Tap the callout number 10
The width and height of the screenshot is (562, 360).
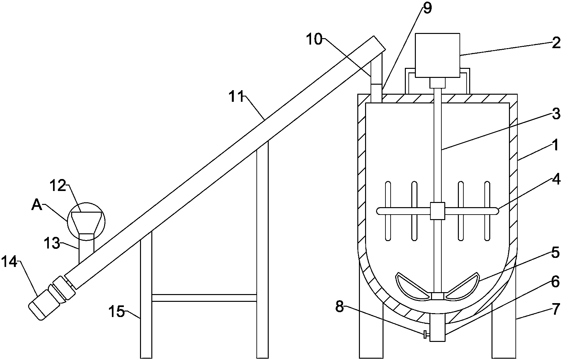click(314, 39)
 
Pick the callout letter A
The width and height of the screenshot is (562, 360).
click(37, 205)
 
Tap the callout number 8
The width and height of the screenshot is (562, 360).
click(339, 306)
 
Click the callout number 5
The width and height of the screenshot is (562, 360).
click(555, 253)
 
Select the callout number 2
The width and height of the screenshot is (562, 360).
click(556, 43)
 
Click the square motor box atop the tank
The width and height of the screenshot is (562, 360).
click(437, 55)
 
